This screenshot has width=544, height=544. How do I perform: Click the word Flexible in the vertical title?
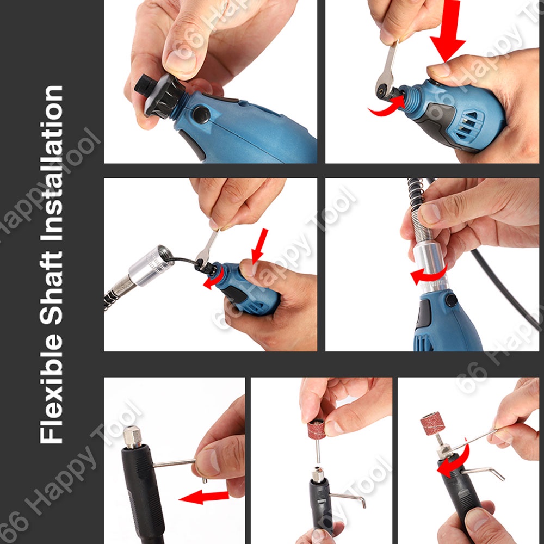(51, 388)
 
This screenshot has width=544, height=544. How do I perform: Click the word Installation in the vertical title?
(51, 163)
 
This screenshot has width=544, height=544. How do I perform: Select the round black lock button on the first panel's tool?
(200, 114)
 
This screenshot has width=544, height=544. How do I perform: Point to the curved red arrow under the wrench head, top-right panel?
(387, 106)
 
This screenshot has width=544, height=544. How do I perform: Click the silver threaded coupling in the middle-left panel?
(150, 265)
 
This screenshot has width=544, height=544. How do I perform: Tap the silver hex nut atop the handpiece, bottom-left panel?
(132, 437)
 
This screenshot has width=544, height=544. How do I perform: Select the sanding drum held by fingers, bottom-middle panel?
(316, 430)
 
